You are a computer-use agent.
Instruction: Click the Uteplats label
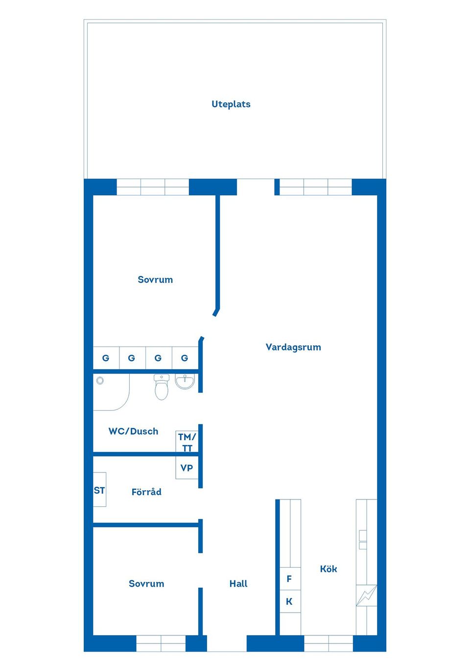pos(231,104)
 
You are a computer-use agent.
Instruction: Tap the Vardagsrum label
pos(293,347)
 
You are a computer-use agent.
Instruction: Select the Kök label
pos(329,569)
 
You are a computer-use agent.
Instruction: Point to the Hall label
pos(238,583)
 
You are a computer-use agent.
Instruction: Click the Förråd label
pos(146,492)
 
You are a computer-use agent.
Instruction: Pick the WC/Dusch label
pos(133,431)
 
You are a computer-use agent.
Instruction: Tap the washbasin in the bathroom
pos(185,381)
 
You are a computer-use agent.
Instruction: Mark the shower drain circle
pos(100,380)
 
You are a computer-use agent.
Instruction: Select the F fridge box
pos(290,579)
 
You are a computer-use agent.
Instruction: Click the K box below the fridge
pos(290,601)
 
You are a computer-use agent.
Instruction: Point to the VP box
pos(187,468)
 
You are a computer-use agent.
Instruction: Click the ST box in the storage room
pos(99,490)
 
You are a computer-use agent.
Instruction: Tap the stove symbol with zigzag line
pos(366,595)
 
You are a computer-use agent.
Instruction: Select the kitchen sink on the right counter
pos(363,539)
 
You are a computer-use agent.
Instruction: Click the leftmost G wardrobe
pos(106,358)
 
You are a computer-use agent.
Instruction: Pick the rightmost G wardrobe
pos(185,358)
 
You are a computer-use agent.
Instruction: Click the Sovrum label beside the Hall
pos(146,583)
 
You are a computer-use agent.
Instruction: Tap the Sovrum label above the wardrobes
pos(155,280)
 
